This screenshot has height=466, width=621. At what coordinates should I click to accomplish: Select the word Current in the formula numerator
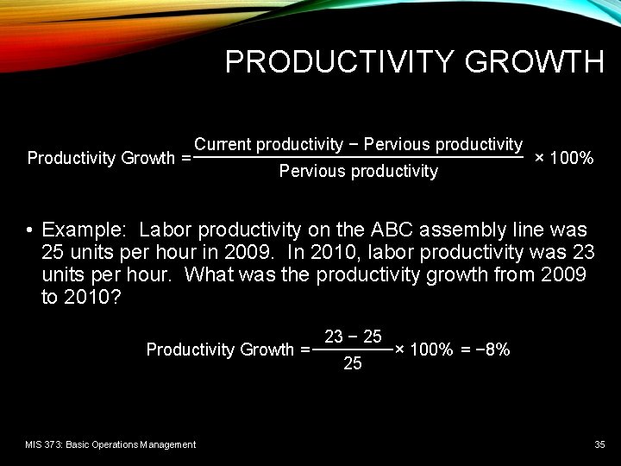tap(223, 144)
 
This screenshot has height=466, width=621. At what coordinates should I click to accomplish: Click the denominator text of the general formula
tap(358, 171)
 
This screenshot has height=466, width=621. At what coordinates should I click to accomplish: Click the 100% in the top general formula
tap(571, 158)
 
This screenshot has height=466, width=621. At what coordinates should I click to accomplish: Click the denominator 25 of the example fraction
tap(353, 363)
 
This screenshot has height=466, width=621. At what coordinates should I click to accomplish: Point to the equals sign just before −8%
tap(465, 349)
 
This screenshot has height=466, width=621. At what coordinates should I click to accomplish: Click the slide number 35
tap(599, 444)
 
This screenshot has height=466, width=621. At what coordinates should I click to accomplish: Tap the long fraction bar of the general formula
tap(359, 158)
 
